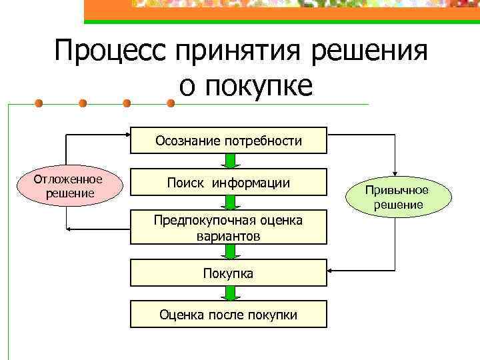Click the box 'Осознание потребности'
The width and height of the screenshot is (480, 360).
228,141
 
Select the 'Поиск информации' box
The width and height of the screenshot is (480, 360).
228,182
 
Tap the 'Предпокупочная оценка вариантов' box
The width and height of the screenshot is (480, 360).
228,228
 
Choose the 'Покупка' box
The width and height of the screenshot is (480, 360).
228,273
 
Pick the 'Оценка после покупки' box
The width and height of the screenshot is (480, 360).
228,314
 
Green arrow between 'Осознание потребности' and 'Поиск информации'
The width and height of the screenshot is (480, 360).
229,161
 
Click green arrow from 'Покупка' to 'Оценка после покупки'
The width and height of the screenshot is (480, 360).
229,293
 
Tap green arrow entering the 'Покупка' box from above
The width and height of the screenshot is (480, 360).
229,251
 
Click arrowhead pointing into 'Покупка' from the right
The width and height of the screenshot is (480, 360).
331,271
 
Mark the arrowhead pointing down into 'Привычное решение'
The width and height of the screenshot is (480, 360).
395,173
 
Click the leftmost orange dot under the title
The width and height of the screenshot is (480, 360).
39,103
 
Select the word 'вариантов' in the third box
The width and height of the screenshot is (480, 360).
228,236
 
